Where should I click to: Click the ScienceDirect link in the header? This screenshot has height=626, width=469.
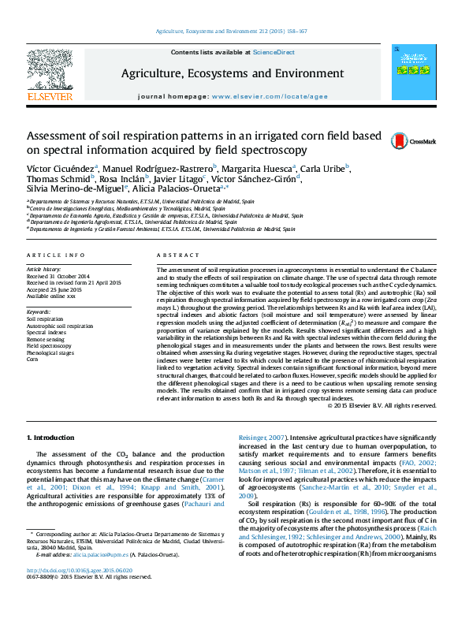[x=274, y=52]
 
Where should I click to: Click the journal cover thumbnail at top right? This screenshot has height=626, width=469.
[x=415, y=73]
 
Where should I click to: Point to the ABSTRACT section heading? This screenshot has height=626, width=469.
[x=173, y=255]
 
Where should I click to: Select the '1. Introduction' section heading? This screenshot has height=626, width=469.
[x=51, y=437]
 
